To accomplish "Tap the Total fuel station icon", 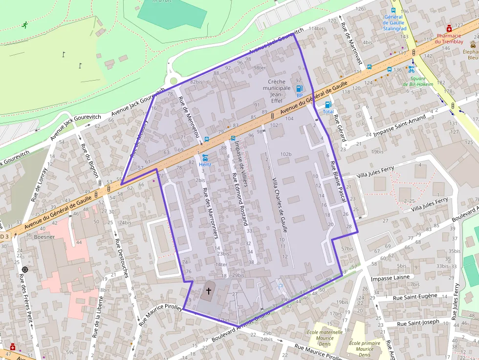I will (x=328, y=104).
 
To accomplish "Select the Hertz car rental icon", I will (x=205, y=158).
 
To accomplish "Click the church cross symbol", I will (x=209, y=291).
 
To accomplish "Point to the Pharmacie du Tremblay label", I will (x=449, y=39).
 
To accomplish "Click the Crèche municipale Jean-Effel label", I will (x=277, y=91).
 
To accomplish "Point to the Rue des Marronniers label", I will (x=210, y=213).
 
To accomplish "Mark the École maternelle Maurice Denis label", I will (x=325, y=338).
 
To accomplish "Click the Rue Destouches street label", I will (x=121, y=257).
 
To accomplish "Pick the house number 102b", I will (x=286, y=154).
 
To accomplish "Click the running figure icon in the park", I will (x=24, y=24).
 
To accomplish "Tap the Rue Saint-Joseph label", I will (x=418, y=323).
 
